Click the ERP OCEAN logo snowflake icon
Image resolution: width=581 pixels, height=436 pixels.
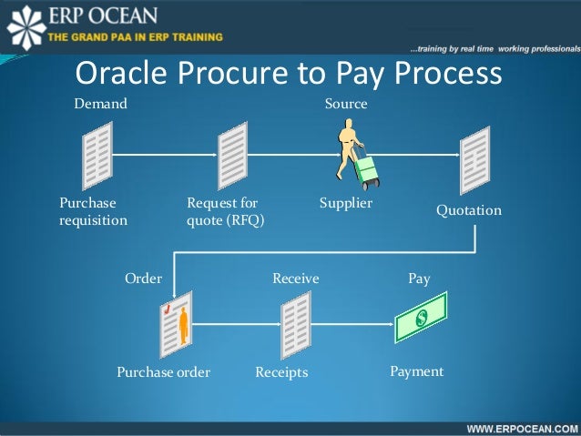24,26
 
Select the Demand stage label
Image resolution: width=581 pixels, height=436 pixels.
100,105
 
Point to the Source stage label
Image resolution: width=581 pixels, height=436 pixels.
346,105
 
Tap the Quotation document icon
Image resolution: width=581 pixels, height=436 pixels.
474,161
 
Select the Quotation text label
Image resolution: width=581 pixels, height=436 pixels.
468,210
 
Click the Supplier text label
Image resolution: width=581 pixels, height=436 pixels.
346,203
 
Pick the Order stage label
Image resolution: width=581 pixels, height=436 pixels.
143,279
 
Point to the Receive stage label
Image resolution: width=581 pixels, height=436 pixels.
296,279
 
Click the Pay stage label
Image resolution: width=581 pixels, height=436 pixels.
419,279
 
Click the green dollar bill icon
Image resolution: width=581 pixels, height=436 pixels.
422,318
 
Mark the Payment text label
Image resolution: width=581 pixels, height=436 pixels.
416,371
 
